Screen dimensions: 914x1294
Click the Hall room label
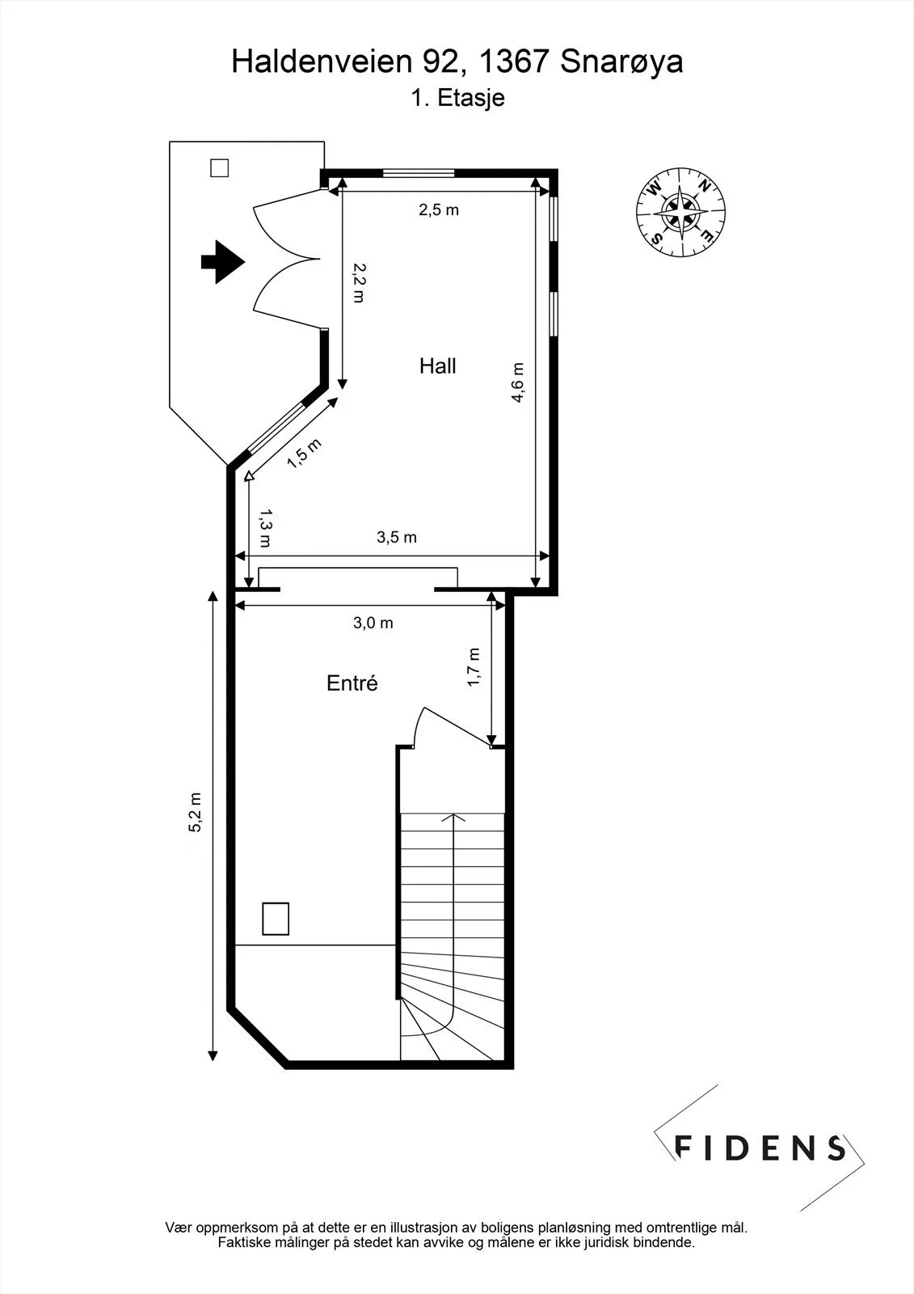click(x=438, y=366)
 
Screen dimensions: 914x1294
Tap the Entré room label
click(x=352, y=683)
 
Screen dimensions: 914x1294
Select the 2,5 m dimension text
click(x=439, y=209)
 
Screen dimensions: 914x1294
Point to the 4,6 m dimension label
click(x=518, y=383)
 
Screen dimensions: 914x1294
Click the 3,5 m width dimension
click(x=397, y=537)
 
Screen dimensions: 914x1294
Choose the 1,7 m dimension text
click(x=473, y=667)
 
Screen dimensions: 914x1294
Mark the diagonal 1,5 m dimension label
click(x=305, y=454)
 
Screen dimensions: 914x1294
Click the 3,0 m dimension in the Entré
click(x=373, y=623)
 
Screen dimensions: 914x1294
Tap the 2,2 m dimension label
click(x=359, y=283)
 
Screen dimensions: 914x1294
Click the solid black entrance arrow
click(x=223, y=262)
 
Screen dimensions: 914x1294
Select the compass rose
click(x=680, y=212)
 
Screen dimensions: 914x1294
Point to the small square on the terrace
click(x=219, y=168)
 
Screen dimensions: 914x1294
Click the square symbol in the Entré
click(x=276, y=919)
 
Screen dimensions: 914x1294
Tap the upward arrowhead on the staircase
click(x=454, y=818)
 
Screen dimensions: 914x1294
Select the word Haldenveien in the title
click(x=322, y=61)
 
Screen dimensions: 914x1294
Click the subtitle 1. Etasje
click(x=458, y=98)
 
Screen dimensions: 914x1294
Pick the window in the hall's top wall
click(x=419, y=172)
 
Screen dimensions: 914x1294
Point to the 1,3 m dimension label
click(x=266, y=528)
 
